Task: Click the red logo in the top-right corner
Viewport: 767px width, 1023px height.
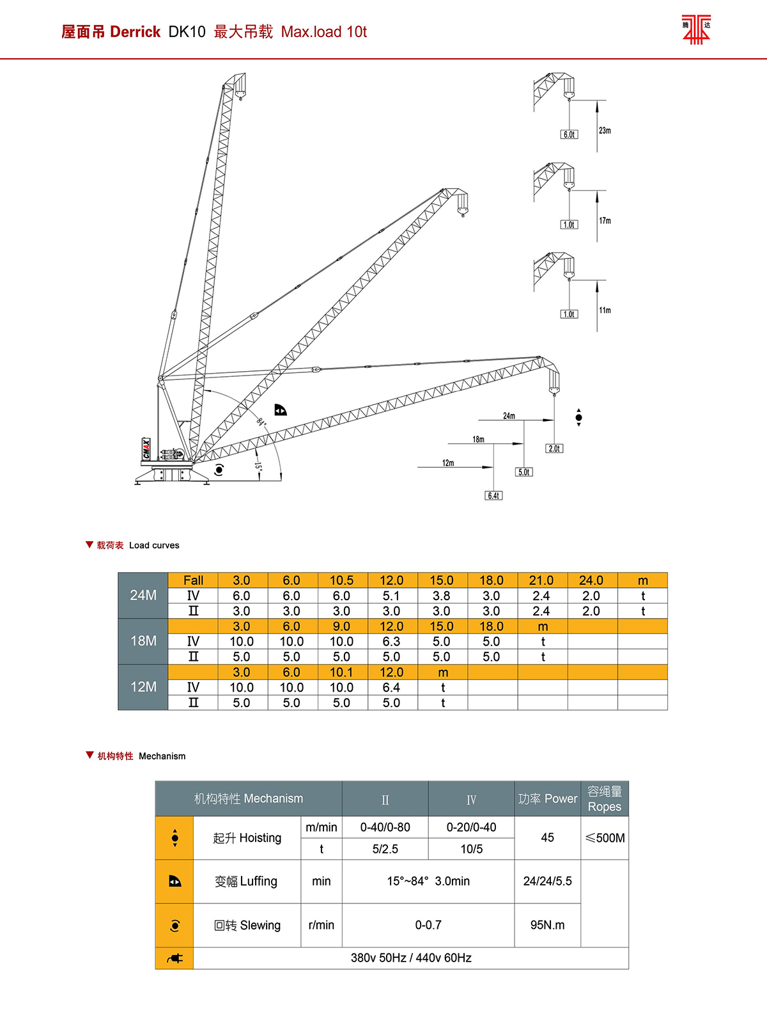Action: (x=696, y=29)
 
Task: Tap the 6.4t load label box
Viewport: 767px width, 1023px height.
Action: (x=493, y=496)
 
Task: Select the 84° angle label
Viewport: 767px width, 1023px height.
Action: (x=261, y=422)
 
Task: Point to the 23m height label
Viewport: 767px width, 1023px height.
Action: (x=605, y=131)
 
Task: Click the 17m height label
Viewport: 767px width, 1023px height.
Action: (x=605, y=221)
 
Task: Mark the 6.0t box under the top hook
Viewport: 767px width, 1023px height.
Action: (x=569, y=134)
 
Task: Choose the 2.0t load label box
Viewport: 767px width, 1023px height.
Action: (x=554, y=448)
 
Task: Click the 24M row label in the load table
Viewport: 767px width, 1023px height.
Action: (x=143, y=595)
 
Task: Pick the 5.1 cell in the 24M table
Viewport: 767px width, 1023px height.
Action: (x=391, y=596)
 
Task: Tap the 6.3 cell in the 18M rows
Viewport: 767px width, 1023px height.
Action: (x=391, y=641)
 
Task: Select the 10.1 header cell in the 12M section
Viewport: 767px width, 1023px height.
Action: (x=341, y=672)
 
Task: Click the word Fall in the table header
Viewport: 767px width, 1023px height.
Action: (x=193, y=580)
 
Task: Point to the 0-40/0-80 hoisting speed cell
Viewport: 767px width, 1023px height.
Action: (x=385, y=827)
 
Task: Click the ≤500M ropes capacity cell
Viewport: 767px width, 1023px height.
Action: (x=605, y=838)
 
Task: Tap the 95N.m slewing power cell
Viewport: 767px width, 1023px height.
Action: (x=547, y=925)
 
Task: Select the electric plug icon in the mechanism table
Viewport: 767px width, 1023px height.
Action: (x=174, y=958)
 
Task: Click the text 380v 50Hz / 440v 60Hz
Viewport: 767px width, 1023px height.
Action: (x=411, y=958)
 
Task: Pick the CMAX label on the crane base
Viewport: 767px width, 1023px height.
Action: (x=146, y=448)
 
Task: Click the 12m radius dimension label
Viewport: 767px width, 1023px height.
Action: (x=448, y=463)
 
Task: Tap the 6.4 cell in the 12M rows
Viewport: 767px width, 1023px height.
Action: (x=391, y=687)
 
